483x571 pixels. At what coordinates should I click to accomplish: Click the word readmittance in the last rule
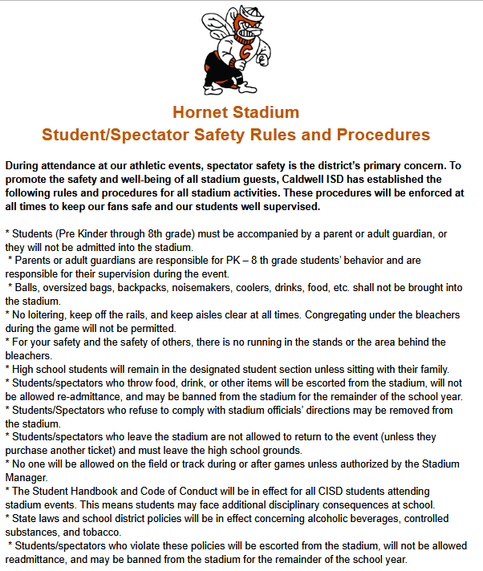pyautogui.click(x=38, y=559)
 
